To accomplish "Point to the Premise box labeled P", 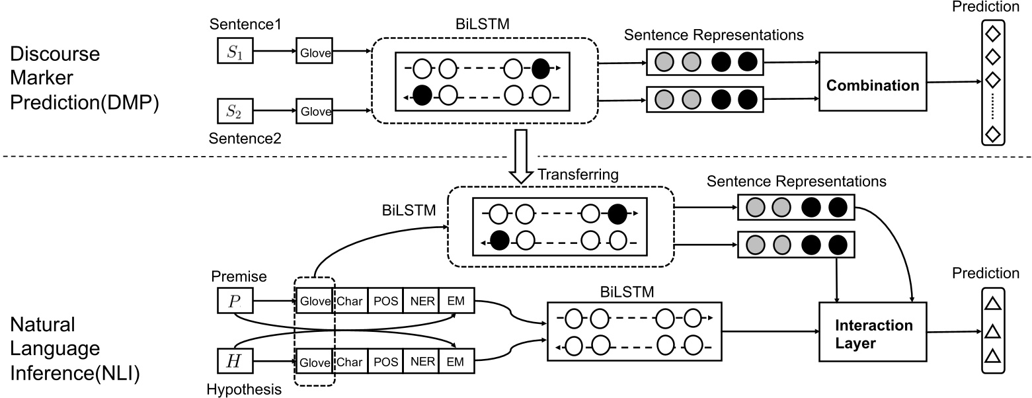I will (234, 301).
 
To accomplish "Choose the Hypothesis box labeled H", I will (234, 362).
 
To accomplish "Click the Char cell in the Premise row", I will (350, 301).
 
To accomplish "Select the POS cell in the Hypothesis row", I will (385, 362).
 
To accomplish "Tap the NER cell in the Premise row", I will (422, 301).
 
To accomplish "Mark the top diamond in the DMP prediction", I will (991, 32).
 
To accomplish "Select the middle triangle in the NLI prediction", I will (992, 331).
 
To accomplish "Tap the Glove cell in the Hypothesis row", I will (314, 362).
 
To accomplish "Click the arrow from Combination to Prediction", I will (952, 83).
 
